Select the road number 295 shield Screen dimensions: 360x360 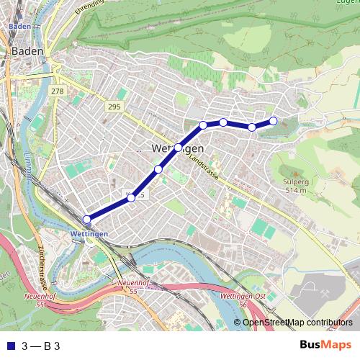[x=112, y=107]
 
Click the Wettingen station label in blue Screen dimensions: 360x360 [x=90, y=235]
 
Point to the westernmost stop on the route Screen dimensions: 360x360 [x=87, y=220]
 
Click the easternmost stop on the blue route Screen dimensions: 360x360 [x=274, y=120]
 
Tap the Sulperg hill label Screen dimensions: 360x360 [x=295, y=183]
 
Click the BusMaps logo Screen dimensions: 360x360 [x=326, y=345]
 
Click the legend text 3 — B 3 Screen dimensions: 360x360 [x=41, y=346]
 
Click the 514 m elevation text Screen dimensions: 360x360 [x=296, y=191]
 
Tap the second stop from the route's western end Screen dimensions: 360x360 [x=131, y=197]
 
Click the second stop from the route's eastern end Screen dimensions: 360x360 [x=252, y=127]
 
